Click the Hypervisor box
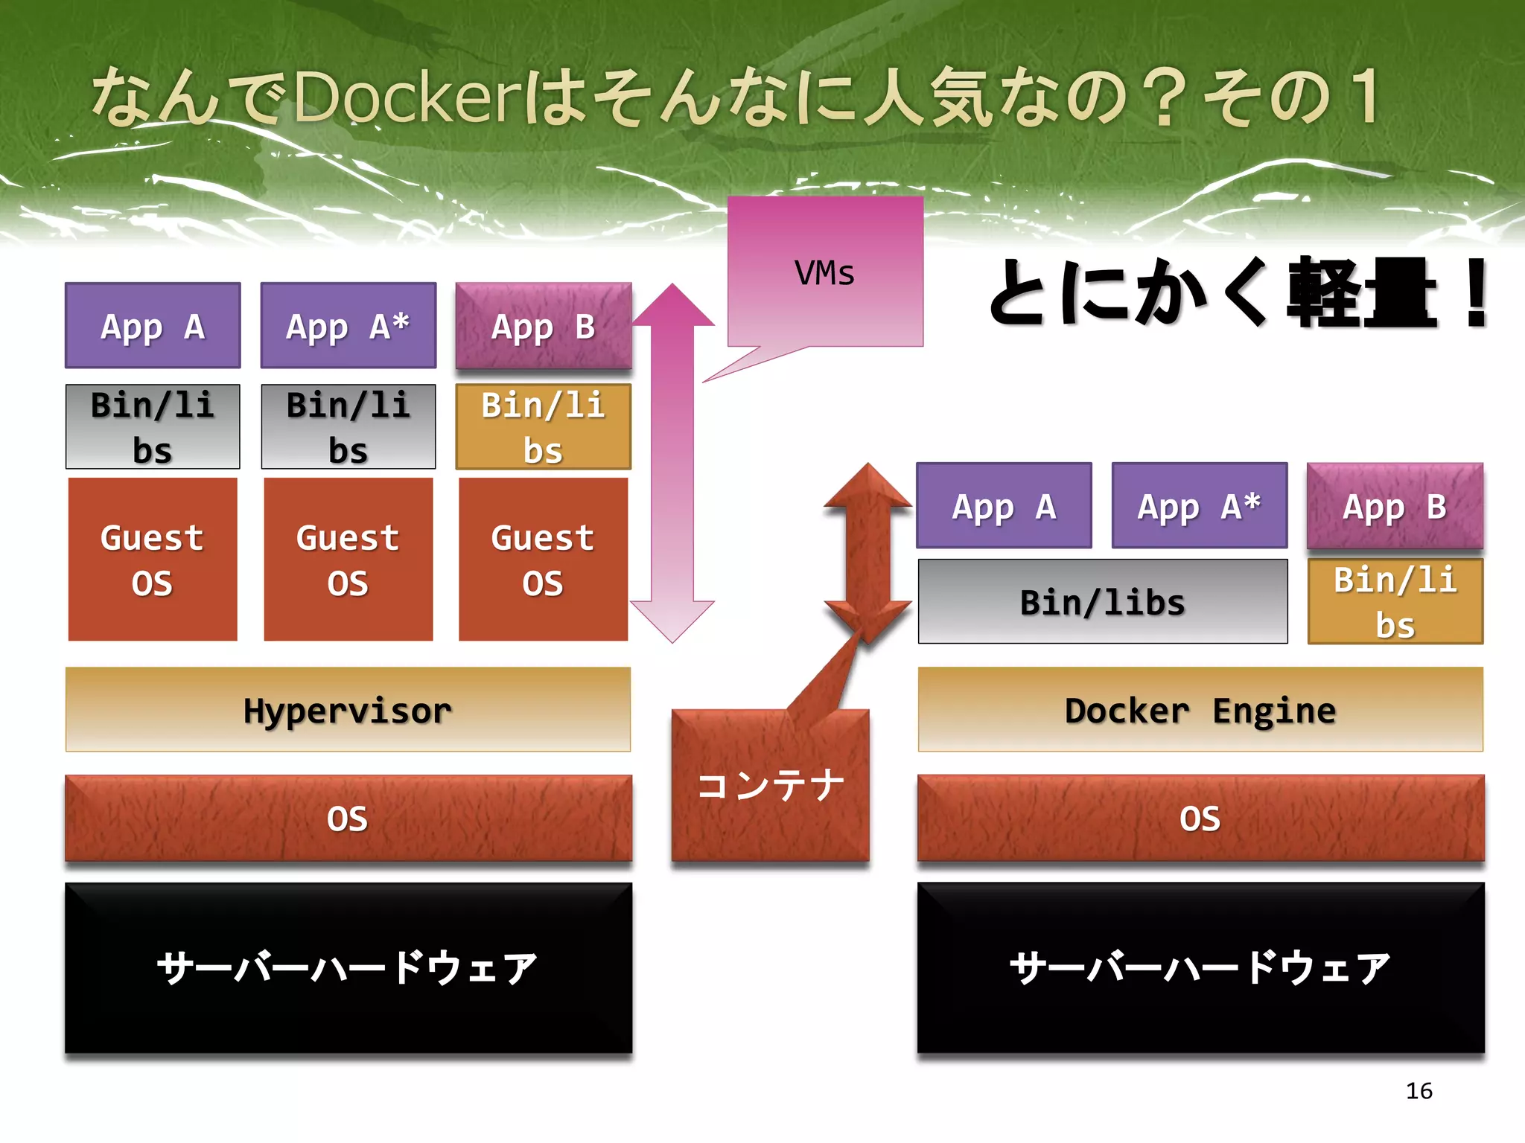tap(348, 709)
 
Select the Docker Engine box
tap(1200, 709)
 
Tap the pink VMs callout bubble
tap(825, 272)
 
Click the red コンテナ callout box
tap(770, 785)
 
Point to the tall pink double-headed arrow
tap(672, 461)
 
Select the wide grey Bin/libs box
tap(1102, 601)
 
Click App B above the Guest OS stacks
tap(544, 326)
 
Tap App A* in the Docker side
tap(1199, 506)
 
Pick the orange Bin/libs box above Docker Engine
tap(1395, 601)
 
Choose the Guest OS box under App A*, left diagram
tap(348, 559)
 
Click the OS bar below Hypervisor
tap(348, 818)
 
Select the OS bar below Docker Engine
tap(1200, 818)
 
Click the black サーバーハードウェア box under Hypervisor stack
tap(348, 967)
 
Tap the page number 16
tap(1419, 1090)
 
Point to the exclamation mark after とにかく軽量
tap(1476, 294)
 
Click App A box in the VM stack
tap(153, 326)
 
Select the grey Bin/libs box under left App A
tap(153, 426)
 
